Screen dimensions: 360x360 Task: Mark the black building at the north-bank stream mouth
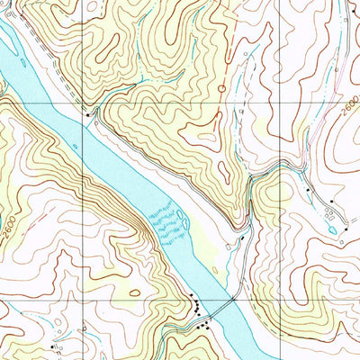pos(87,113)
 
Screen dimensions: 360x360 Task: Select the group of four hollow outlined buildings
pos(328,212)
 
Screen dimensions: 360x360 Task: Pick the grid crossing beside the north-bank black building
pos(83,103)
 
